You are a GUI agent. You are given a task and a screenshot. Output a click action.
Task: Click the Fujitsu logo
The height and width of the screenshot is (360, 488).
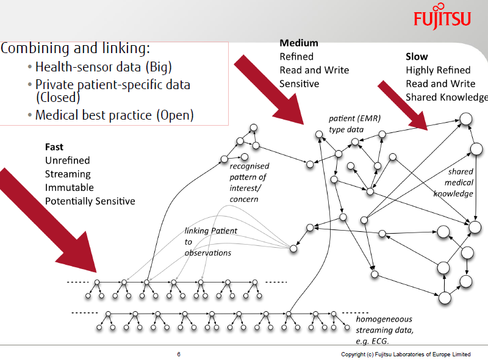[x=442, y=18]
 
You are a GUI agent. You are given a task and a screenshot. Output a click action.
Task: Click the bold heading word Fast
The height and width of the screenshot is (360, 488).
[x=54, y=147]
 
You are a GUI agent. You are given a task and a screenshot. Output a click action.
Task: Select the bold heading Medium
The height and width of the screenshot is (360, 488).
[x=299, y=43]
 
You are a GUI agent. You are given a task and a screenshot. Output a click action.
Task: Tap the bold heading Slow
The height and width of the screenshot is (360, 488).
[x=417, y=57]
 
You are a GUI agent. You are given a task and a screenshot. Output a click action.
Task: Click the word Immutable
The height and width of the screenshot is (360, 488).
[x=70, y=187]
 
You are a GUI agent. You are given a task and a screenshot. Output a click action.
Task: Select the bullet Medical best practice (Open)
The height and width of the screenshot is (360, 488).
[x=114, y=114]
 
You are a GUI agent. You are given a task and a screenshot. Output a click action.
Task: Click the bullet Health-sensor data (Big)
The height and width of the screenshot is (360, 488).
[x=104, y=67]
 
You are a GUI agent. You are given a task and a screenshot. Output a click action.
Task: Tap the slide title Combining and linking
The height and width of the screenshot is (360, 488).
[x=76, y=48]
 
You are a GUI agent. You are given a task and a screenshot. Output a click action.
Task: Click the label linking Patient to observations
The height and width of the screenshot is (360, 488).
[x=210, y=242]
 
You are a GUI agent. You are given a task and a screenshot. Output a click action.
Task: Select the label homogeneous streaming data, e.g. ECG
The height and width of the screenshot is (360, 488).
[x=384, y=329]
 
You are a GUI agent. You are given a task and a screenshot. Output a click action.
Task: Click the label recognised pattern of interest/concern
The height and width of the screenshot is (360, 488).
[x=248, y=182]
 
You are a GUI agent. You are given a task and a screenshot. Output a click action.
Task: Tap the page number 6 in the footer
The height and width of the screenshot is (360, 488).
[x=179, y=355]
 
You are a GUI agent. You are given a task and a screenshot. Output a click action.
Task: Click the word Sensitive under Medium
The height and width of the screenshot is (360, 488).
[x=299, y=84]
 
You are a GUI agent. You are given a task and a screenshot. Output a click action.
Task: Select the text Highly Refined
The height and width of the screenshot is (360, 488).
[x=438, y=70]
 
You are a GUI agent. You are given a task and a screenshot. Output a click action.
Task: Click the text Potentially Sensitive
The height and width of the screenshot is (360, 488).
[x=90, y=201]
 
